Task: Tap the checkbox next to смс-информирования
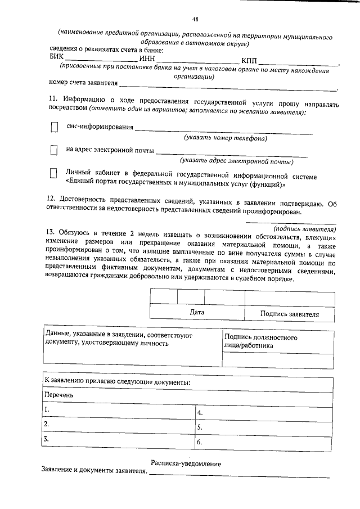click(x=55, y=128)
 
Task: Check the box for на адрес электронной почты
click(x=55, y=151)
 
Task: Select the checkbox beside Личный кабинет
click(x=55, y=174)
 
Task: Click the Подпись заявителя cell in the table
click(x=289, y=314)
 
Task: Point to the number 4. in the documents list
click(x=199, y=412)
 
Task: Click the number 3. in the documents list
click(x=47, y=438)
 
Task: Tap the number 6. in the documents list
click(x=199, y=442)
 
